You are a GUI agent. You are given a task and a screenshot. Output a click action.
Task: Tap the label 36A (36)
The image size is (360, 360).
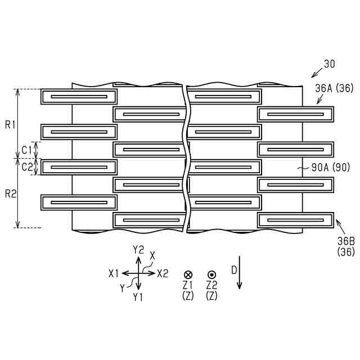334,88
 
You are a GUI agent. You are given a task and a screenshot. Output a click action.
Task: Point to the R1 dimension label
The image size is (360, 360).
10,124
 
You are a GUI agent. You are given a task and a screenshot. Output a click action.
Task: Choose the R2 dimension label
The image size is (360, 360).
10,193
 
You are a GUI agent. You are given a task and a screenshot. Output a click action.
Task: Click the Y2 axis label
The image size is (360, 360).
139,249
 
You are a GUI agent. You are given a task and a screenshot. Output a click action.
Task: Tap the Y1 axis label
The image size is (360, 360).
138,296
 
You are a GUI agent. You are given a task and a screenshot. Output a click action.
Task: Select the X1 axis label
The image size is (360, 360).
115,273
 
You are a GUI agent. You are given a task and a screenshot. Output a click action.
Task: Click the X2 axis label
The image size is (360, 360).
163,273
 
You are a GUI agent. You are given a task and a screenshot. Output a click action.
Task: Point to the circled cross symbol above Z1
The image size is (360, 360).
188,274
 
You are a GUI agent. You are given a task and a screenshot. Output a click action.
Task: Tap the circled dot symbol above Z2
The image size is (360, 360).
212,274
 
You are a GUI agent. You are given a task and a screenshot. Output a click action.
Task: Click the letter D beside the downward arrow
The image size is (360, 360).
233,269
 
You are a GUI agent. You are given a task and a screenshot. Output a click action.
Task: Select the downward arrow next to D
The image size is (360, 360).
240,273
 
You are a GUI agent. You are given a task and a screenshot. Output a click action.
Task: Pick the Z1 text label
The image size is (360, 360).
188,285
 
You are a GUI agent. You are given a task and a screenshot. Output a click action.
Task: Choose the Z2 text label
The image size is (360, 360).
212,285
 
